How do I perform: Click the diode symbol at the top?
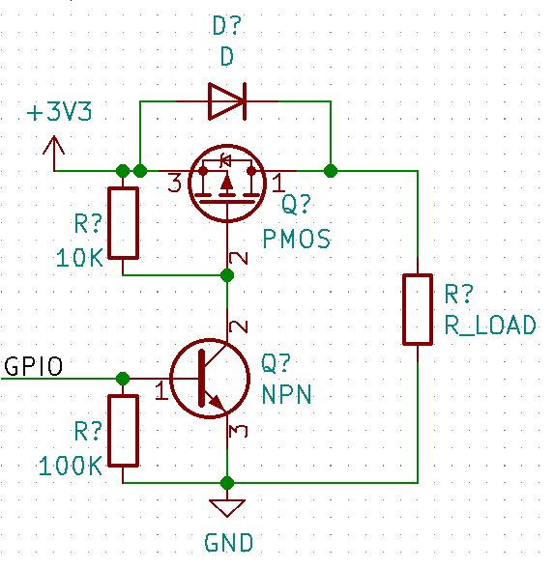coord(226,99)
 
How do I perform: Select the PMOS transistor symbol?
coord(226,181)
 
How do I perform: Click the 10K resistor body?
coord(124,223)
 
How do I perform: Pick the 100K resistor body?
coord(124,430)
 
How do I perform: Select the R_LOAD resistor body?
coord(418,309)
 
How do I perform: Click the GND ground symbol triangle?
coord(227,508)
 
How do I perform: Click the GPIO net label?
coord(35,367)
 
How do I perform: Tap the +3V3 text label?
coord(62,112)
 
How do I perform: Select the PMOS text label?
coord(296,238)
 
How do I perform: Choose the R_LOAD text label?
coord(489,326)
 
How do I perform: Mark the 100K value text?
coord(71,466)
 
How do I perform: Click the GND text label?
coord(228,543)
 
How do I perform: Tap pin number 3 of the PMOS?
coord(175,183)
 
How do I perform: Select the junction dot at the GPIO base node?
coord(123,378)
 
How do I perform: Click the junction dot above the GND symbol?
coord(227,482)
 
